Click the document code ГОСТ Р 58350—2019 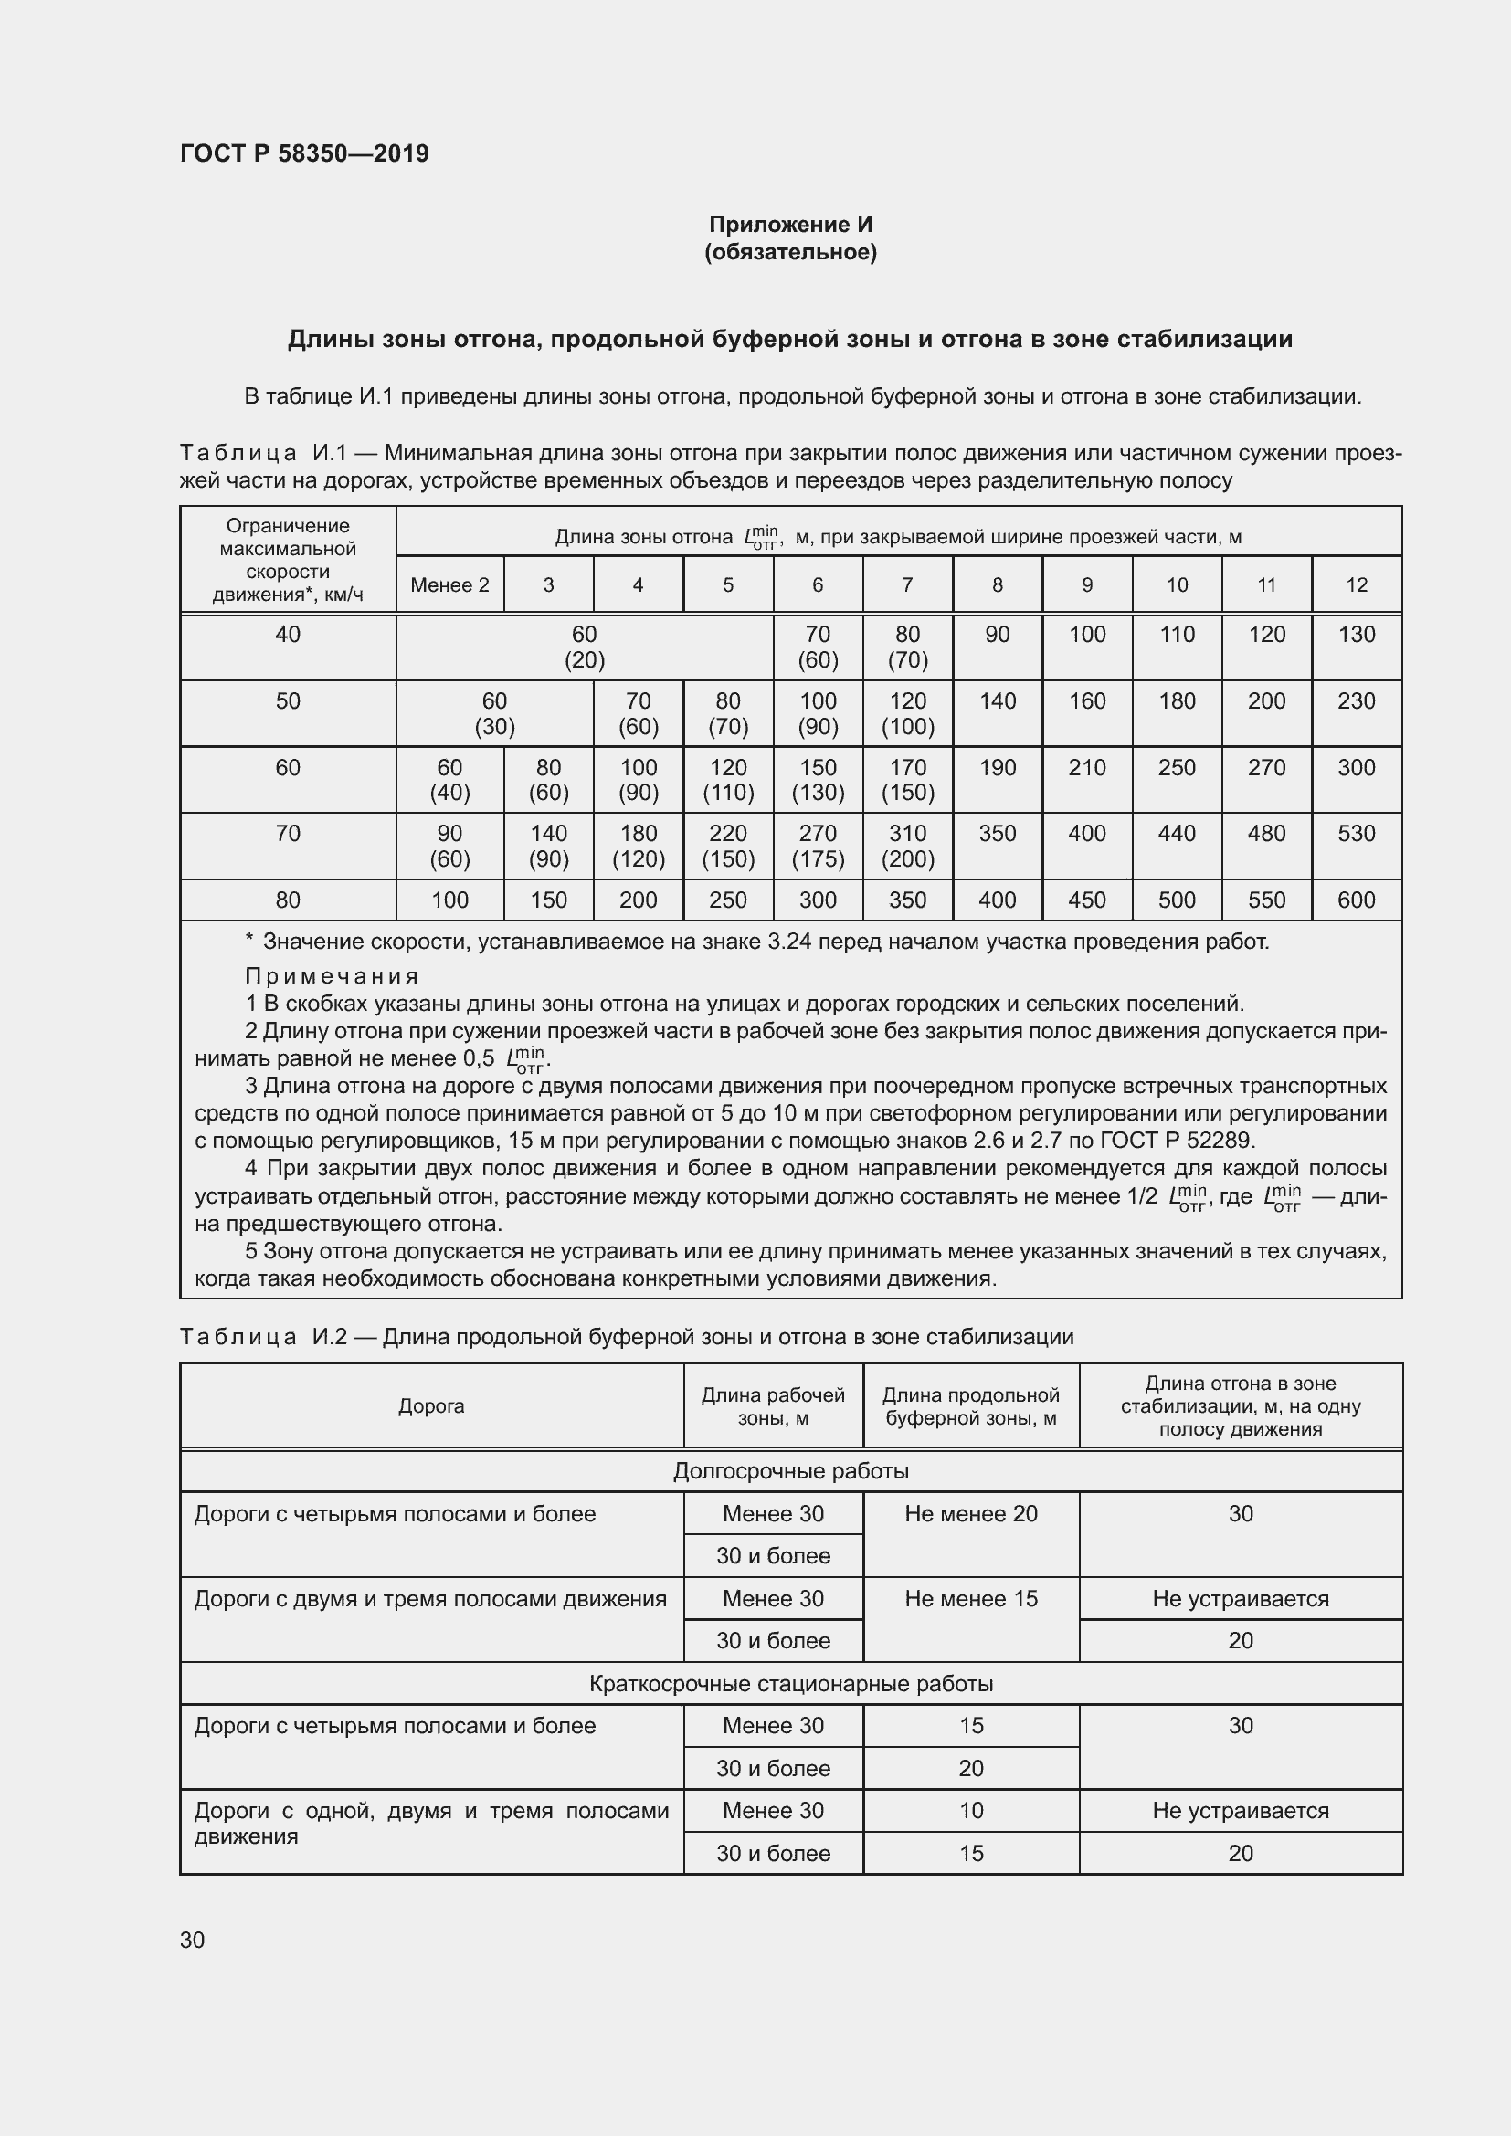(304, 153)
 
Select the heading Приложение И (790, 225)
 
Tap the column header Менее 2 (449, 585)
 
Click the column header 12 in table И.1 (1356, 585)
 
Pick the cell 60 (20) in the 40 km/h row (585, 647)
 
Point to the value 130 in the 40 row (1356, 635)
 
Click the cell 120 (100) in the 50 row (907, 713)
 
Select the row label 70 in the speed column (288, 834)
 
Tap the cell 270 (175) (817, 846)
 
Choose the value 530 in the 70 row (1356, 834)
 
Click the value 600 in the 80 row (1356, 900)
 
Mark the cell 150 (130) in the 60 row (817, 780)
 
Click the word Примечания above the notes (333, 976)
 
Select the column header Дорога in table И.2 (431, 1405)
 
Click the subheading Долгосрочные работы (790, 1471)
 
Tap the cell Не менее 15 (970, 1598)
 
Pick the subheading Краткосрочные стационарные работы (790, 1684)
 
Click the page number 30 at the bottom (193, 1940)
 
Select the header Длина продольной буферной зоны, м (970, 1405)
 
